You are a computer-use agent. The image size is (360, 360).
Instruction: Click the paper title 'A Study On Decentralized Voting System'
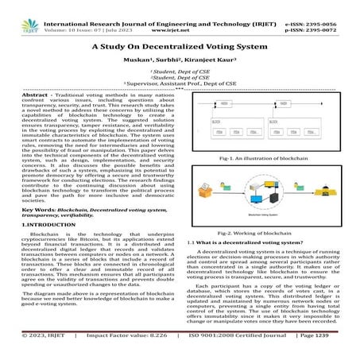coord(179,47)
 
